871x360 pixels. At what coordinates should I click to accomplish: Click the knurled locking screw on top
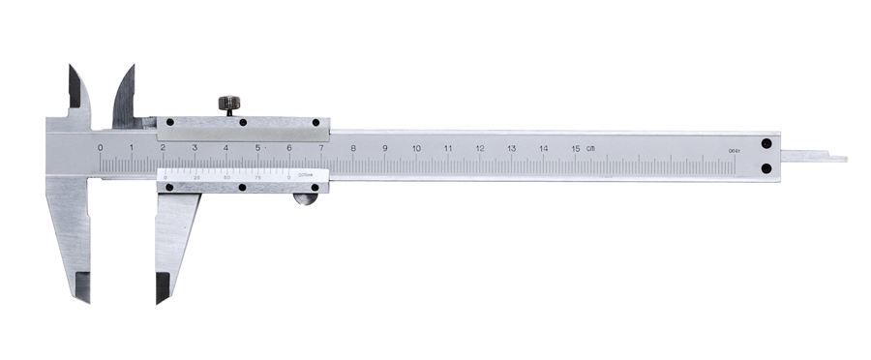click(x=229, y=103)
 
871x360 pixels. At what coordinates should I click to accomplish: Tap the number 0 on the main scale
click(x=101, y=147)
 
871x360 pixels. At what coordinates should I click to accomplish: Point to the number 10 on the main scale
click(x=416, y=148)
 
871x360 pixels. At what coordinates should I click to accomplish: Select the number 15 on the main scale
click(x=575, y=148)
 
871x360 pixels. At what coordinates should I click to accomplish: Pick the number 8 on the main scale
click(x=353, y=148)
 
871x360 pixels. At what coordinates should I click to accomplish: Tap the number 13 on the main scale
click(x=511, y=148)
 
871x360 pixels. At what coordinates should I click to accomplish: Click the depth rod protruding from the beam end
click(x=813, y=156)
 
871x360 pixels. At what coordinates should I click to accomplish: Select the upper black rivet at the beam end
click(x=766, y=143)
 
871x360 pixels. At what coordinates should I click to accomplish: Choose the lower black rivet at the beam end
click(x=766, y=168)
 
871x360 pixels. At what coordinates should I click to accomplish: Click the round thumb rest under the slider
click(x=306, y=199)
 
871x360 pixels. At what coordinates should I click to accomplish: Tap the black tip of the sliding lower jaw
click(x=163, y=286)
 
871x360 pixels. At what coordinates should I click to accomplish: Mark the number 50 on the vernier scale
click(x=227, y=177)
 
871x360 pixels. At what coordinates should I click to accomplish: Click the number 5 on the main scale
click(x=257, y=147)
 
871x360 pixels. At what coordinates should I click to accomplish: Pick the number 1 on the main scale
click(x=132, y=147)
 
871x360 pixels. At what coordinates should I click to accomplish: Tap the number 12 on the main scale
click(x=479, y=148)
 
